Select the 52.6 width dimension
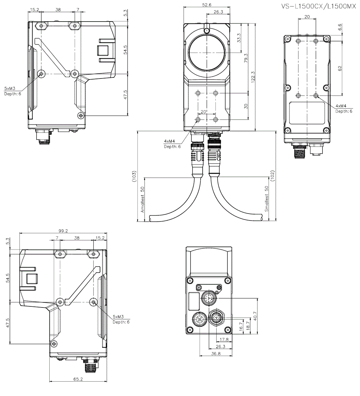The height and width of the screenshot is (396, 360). [207, 4]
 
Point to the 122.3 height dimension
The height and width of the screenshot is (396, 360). [253, 77]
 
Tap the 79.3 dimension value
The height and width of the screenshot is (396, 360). [246, 58]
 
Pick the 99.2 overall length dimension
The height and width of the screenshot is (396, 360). [63, 231]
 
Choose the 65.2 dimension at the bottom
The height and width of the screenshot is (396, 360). [78, 379]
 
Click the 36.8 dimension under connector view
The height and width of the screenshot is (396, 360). [216, 354]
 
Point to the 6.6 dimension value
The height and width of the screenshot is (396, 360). [340, 27]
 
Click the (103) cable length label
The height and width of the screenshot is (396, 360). [134, 176]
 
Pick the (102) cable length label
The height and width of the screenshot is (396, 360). [273, 175]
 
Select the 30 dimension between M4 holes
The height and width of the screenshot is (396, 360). [246, 106]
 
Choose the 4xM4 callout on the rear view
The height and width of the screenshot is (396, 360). [341, 106]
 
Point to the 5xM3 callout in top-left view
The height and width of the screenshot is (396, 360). [10, 88]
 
